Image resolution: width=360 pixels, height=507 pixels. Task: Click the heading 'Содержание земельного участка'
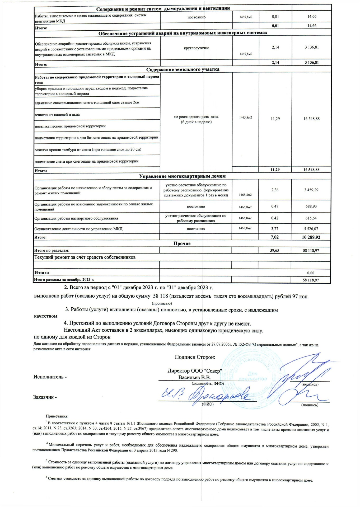[x=183, y=70]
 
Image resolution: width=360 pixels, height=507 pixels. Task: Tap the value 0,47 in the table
[x=275, y=206]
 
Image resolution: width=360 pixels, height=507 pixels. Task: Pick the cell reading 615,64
[x=311, y=218]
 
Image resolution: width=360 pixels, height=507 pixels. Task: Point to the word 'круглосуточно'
[x=196, y=48]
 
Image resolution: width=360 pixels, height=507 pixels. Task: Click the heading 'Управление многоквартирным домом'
[x=182, y=176]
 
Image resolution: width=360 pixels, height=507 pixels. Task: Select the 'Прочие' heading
[x=182, y=243]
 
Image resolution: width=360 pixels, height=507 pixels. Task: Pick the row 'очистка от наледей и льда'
[x=57, y=115]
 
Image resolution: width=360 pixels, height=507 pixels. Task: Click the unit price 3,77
[x=275, y=229]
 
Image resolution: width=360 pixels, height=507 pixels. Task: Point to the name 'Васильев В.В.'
[x=194, y=377]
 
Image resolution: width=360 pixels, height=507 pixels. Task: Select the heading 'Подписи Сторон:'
[x=195, y=357]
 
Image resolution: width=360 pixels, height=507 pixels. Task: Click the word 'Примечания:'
[x=57, y=416]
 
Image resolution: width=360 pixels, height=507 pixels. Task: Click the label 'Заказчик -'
[x=45, y=397]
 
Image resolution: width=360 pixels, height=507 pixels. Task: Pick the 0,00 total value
[x=311, y=273]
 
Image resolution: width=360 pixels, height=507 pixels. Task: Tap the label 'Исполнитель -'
[x=50, y=377]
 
